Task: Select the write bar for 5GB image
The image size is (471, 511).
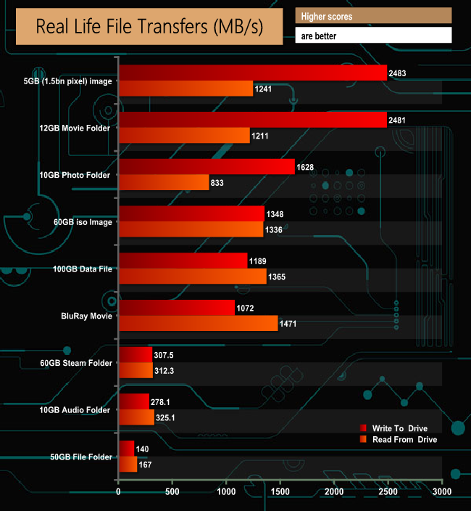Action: point(252,73)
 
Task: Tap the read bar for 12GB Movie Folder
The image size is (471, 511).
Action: point(184,135)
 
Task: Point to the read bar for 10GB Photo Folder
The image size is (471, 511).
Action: point(164,182)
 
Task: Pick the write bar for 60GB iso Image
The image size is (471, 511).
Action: point(191,213)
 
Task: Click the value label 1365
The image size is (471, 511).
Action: point(280,277)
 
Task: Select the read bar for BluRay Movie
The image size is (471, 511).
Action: point(198,323)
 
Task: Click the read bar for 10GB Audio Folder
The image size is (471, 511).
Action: point(136,417)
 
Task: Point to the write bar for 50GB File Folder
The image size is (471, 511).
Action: point(126,449)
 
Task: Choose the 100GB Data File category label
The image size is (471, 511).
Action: point(83,269)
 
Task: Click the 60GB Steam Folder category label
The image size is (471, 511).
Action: point(77,363)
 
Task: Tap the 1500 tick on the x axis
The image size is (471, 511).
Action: point(280,492)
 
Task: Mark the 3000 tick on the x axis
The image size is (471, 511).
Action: point(441,492)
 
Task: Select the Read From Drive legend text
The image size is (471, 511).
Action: point(404,439)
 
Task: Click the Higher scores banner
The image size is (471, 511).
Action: point(373,15)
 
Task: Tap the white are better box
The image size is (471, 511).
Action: point(373,35)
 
